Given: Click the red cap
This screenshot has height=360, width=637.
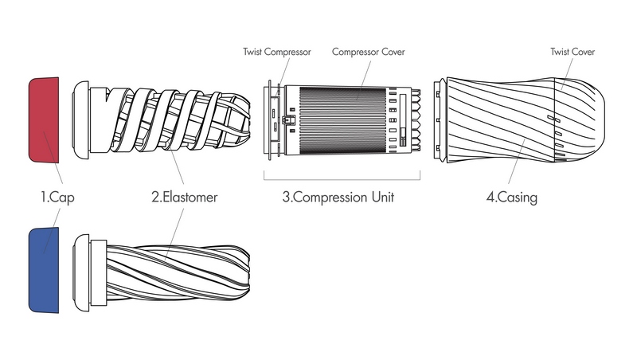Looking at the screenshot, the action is pos(44,119).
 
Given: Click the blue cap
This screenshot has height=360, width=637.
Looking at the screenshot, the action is pos(44,270).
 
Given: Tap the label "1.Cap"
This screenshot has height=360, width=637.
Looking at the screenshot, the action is pos(57,198).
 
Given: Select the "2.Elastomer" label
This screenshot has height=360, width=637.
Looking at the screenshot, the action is pos(185,197).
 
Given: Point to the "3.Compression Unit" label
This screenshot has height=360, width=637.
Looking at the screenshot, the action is pos(338,197).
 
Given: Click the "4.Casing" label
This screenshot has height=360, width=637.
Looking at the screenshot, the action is pos(512,198).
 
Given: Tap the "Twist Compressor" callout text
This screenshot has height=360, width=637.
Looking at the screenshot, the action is pos(277,52).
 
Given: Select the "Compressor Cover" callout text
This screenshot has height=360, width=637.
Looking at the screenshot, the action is pos(369,52).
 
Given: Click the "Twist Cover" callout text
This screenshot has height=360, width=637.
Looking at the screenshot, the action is pos(573,52).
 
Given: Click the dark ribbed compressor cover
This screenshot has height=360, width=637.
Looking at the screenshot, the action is pos(342,120).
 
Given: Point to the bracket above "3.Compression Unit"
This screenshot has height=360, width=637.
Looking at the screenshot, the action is pos(342,179).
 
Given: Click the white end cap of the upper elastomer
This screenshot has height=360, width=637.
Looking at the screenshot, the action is pos(81,119).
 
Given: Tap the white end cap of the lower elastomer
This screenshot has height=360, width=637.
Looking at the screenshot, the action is pos(81,272).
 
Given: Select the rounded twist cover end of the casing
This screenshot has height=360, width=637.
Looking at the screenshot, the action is pos(580,119).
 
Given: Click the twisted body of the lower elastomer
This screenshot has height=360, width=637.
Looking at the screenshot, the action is pos(178,272).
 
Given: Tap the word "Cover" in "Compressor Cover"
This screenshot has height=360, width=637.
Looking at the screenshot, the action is pos(393,52).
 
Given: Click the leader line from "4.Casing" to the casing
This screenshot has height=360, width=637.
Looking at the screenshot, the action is pos(516,161).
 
